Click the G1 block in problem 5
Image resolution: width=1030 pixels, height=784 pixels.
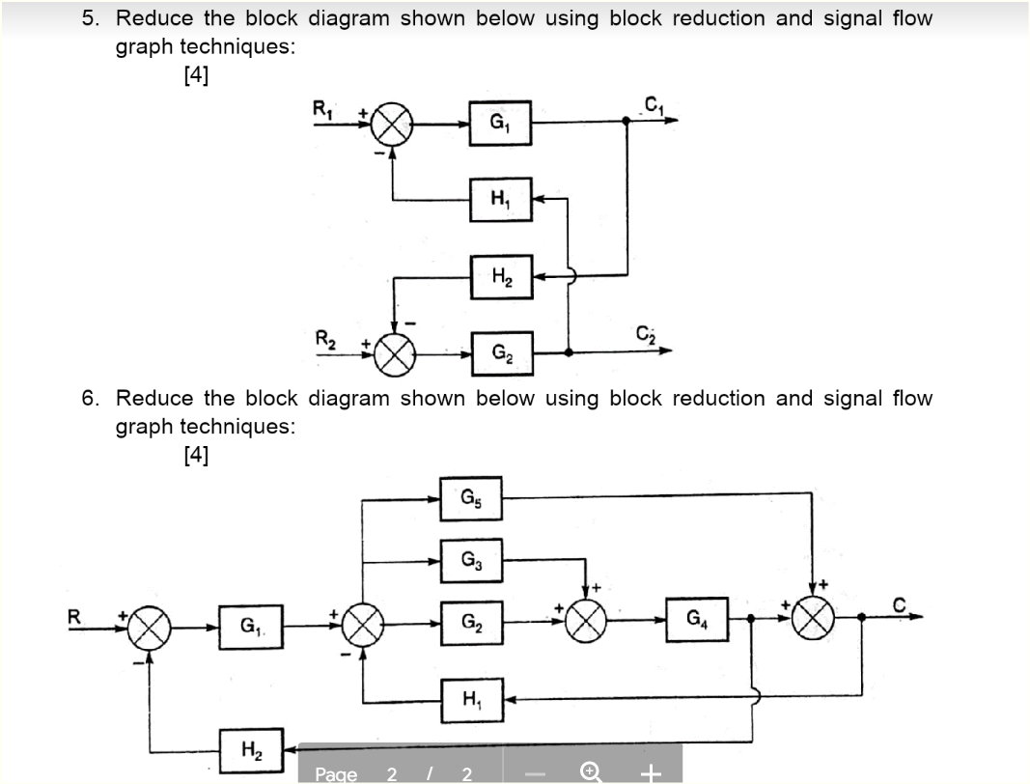coord(500,124)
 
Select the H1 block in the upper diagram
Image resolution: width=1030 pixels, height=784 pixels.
coord(500,200)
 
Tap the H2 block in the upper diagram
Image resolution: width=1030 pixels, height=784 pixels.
coord(500,276)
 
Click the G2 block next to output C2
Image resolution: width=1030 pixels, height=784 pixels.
coord(500,353)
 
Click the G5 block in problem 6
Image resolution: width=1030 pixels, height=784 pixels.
coord(471,499)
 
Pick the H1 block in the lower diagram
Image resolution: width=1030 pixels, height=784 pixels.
coord(471,698)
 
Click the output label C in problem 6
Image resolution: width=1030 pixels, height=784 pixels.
coord(900,605)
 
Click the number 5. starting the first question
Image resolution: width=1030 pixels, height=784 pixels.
coord(89,18)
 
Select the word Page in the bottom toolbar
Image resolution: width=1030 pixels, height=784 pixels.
coord(336,774)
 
